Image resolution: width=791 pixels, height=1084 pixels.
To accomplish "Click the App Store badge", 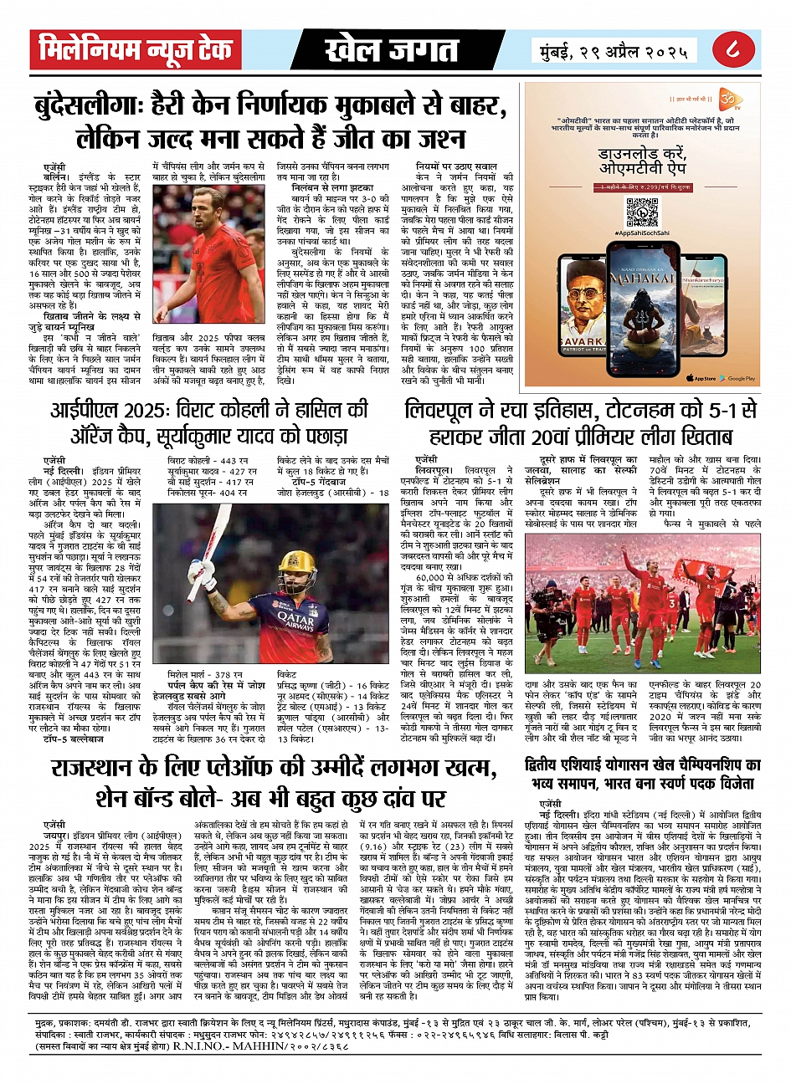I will [x=701, y=378].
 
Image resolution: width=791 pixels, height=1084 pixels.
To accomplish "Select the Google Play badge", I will [x=737, y=378].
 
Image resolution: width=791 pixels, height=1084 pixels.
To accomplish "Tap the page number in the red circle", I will [x=732, y=50].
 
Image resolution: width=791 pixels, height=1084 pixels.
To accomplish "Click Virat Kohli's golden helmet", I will [x=300, y=565].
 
